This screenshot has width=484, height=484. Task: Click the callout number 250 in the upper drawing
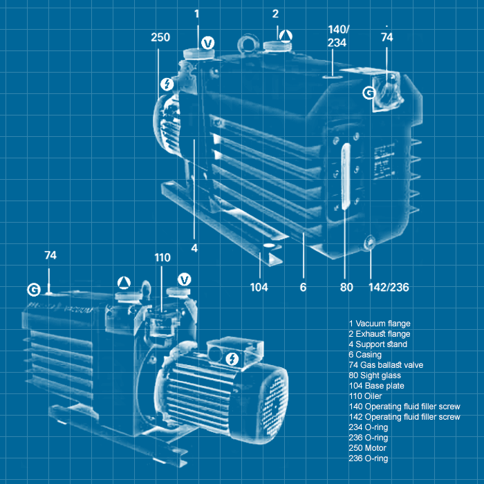click(x=160, y=37)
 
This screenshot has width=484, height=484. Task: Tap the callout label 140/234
click(x=338, y=37)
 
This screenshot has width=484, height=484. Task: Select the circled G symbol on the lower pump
click(x=33, y=288)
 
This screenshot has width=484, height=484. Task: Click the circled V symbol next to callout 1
click(x=207, y=44)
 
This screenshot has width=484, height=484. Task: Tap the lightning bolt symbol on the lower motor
click(x=233, y=358)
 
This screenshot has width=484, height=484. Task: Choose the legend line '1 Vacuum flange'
click(x=380, y=323)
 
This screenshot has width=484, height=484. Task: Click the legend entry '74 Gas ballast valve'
click(x=386, y=364)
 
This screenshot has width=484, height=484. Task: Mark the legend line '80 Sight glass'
click(x=374, y=375)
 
